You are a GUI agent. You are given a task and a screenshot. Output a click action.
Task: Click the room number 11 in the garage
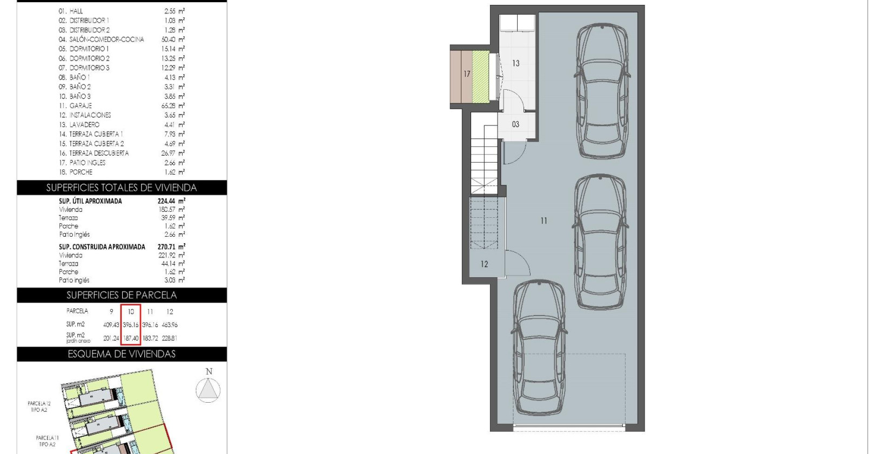(544, 221)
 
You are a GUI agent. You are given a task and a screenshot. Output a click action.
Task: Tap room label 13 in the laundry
(515, 63)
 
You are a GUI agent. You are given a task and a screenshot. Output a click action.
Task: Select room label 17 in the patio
(466, 74)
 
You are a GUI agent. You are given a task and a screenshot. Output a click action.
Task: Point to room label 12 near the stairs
(484, 264)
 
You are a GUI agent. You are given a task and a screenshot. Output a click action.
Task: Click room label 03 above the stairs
(515, 124)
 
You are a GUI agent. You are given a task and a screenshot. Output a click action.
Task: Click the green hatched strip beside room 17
(480, 76)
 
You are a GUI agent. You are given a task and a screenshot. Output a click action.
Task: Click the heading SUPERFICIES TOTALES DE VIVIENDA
(122, 188)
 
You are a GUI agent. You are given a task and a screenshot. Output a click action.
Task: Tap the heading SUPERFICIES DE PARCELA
(122, 295)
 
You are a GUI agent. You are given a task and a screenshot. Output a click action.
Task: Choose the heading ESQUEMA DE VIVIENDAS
(122, 354)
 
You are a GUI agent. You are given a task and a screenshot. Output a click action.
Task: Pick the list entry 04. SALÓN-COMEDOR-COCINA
(102, 39)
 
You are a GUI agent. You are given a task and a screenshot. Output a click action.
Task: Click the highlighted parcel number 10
(131, 312)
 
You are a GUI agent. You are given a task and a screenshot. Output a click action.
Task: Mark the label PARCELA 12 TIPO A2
(39, 406)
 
